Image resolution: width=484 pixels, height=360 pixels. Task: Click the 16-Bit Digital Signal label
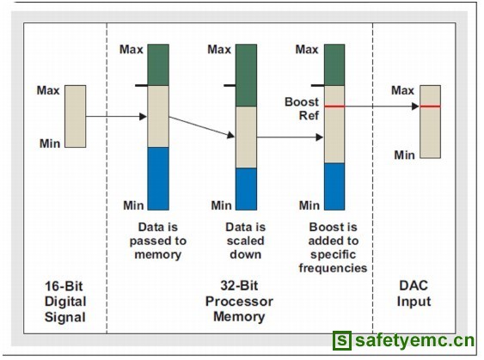coord(64,302)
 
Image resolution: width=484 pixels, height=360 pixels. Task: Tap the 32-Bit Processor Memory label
coord(239,301)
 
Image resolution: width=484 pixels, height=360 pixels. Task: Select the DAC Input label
coord(414,293)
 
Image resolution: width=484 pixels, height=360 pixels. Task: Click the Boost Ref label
coord(302,108)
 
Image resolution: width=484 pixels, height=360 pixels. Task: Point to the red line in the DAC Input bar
coord(430,107)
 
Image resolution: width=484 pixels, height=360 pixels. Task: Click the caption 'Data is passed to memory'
coord(158,241)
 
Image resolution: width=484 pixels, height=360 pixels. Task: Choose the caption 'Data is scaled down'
coord(245,241)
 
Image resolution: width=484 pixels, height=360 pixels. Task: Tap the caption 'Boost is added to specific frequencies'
coord(333,247)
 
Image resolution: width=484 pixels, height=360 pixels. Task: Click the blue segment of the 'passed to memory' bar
coord(158,179)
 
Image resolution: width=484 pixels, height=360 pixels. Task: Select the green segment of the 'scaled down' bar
coord(247,76)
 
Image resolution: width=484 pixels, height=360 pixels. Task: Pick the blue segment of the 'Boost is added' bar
coord(334,186)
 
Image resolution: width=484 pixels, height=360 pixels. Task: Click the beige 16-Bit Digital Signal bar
coord(76,116)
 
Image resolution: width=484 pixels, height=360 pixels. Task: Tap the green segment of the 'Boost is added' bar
coord(334,64)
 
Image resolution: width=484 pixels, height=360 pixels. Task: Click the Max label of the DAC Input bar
coord(403,90)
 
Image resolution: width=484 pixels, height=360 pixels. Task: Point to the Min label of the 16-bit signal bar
coord(50,143)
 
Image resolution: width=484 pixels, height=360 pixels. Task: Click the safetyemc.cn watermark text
coord(414,340)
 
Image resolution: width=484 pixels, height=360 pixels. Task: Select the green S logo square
coord(341,340)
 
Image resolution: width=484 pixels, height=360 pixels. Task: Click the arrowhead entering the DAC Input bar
coord(415,107)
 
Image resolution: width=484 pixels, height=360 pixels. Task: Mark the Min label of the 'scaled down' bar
coord(221,205)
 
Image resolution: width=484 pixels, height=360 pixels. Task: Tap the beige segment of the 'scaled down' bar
coord(247,137)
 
